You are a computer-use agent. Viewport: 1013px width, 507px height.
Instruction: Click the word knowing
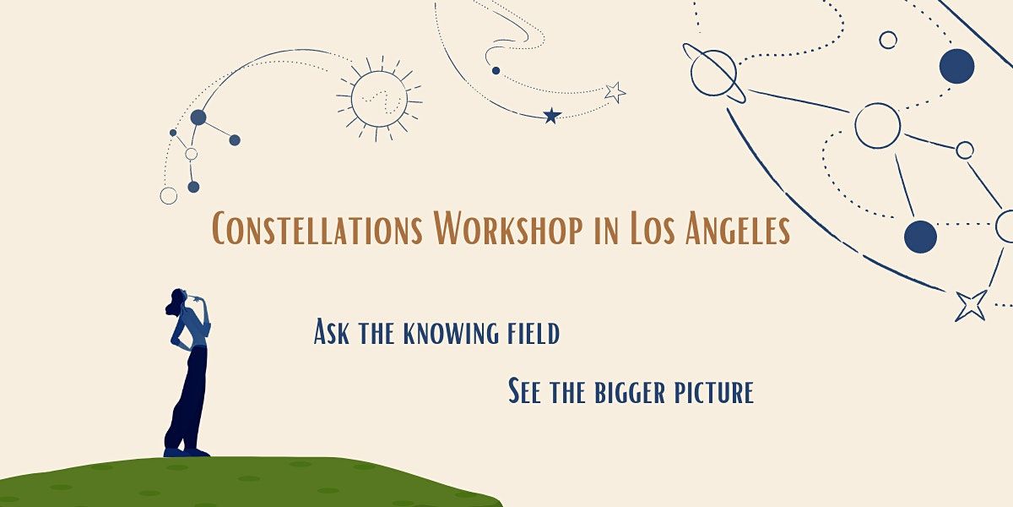(x=448, y=333)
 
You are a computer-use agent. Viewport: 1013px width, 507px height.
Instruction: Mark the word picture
(x=714, y=393)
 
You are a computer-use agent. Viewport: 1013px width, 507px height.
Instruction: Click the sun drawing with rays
(x=378, y=99)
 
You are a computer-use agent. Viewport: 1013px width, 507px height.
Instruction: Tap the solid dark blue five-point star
(x=551, y=116)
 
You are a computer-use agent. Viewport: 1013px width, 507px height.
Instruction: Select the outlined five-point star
(x=615, y=92)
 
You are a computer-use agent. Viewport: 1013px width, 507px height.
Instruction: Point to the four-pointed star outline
(x=971, y=305)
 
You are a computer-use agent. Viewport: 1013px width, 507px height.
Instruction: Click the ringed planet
(x=714, y=73)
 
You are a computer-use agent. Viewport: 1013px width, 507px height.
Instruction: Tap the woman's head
(x=177, y=301)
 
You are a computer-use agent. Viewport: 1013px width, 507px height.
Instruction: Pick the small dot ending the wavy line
(x=496, y=70)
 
